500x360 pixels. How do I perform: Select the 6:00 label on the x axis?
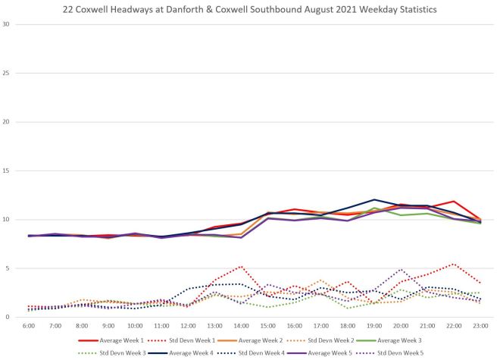click(x=29, y=325)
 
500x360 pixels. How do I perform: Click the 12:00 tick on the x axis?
click(x=187, y=325)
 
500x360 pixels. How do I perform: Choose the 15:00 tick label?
click(x=267, y=325)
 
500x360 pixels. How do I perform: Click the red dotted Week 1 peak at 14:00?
click(x=240, y=266)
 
